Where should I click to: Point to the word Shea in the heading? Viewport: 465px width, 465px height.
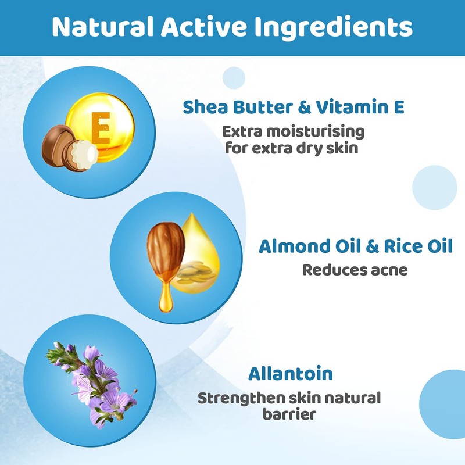click(203, 108)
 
